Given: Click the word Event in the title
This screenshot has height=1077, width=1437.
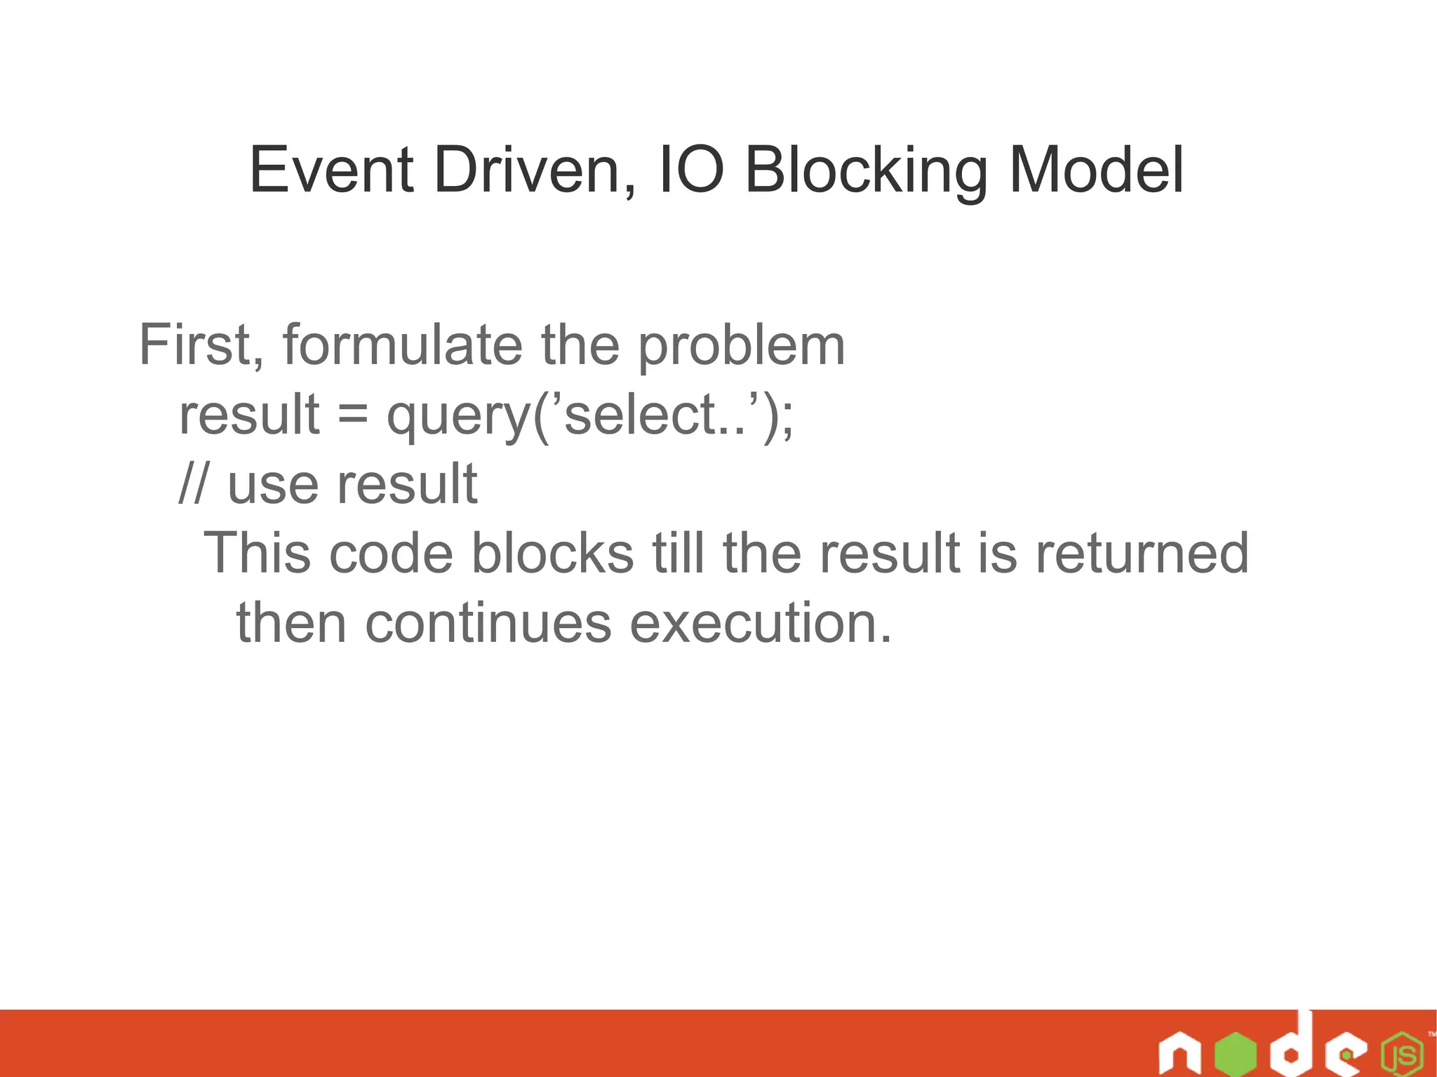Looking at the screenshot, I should click(x=331, y=170).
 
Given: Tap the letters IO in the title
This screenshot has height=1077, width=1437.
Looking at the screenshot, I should click(x=692, y=170).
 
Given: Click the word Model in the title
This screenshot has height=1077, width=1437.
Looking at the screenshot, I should click(x=1096, y=170).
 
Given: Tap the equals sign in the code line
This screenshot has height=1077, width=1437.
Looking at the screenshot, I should click(x=352, y=415).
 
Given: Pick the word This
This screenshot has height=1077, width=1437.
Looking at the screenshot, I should click(x=257, y=553).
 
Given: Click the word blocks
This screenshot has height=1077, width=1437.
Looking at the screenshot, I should click(x=553, y=553).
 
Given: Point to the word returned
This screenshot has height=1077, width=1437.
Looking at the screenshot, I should click(x=1142, y=553).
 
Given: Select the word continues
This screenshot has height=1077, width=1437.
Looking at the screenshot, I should click(x=488, y=623).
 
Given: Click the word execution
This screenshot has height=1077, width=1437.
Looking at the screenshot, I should click(x=761, y=623).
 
